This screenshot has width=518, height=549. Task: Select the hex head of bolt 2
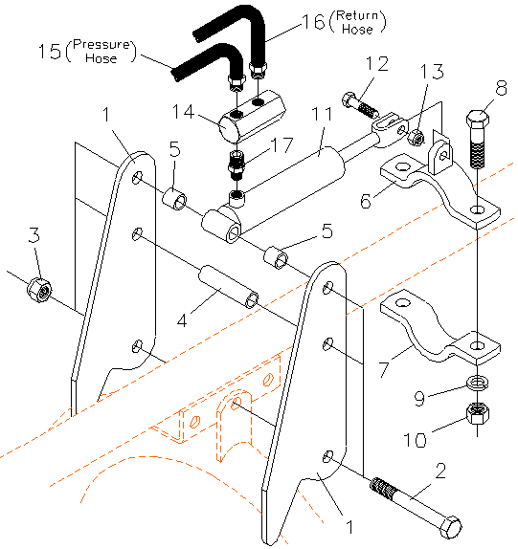(449, 526)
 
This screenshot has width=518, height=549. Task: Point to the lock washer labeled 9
(476, 384)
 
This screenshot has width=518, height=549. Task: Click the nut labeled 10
(476, 413)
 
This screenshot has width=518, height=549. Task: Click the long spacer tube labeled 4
(227, 288)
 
